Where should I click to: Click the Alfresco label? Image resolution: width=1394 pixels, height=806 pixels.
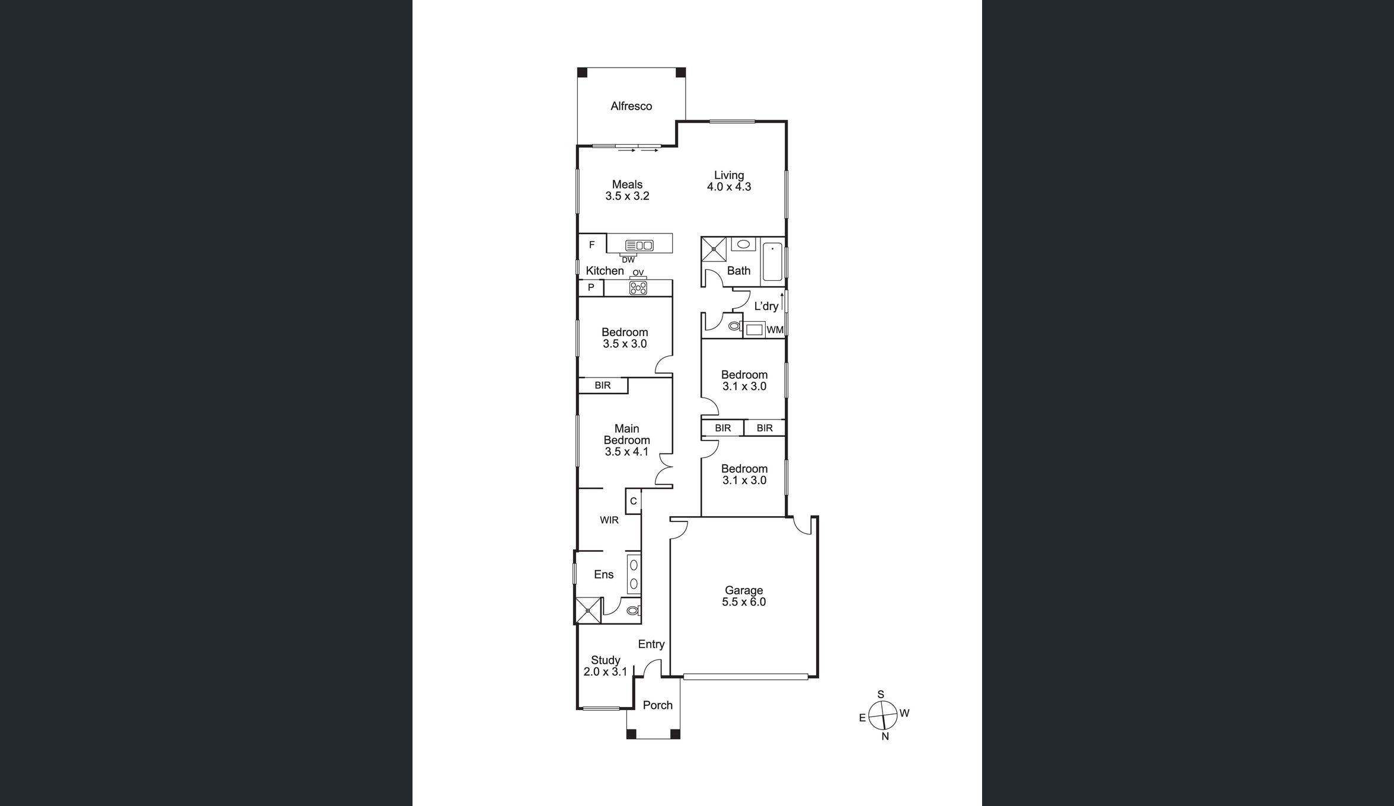click(x=631, y=106)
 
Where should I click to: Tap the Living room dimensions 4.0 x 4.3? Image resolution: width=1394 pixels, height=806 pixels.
click(x=729, y=187)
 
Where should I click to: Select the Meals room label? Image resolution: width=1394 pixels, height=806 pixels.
click(x=627, y=184)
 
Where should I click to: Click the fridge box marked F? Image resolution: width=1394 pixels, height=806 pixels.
click(x=592, y=244)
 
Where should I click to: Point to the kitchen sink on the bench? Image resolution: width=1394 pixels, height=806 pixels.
click(x=640, y=245)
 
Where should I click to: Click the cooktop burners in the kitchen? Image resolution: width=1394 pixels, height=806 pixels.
click(x=638, y=288)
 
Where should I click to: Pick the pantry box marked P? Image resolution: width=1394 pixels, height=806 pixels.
click(x=591, y=287)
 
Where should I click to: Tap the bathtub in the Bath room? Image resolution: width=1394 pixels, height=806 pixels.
click(x=772, y=261)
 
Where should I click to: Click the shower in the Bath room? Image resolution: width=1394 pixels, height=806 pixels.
click(x=714, y=249)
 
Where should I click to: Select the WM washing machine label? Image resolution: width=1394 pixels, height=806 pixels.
click(x=775, y=330)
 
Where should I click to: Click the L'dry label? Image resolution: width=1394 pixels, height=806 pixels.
click(x=766, y=306)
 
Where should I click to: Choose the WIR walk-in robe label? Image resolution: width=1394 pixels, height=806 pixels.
click(x=609, y=520)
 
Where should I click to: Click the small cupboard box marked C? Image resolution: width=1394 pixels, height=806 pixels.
click(x=633, y=501)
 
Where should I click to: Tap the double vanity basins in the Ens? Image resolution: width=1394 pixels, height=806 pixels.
click(x=634, y=574)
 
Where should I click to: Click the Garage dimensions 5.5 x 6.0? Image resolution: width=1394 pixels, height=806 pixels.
click(x=744, y=602)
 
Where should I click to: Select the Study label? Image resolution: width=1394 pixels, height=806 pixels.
click(x=606, y=660)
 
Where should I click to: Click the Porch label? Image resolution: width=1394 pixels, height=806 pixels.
click(x=658, y=705)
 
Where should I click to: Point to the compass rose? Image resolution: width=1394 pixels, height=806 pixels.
click(x=883, y=715)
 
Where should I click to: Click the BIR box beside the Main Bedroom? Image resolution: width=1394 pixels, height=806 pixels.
click(x=603, y=385)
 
